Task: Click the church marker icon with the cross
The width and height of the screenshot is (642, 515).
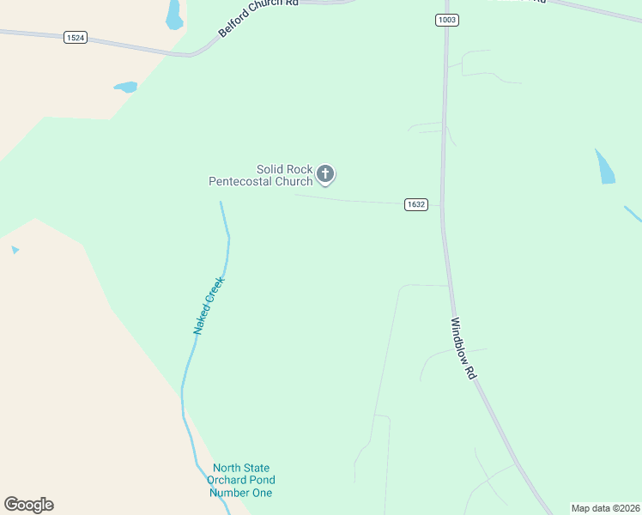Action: pyautogui.click(x=325, y=174)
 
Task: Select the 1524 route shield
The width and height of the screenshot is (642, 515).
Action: pyautogui.click(x=75, y=39)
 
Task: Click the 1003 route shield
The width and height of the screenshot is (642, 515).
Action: pyautogui.click(x=446, y=20)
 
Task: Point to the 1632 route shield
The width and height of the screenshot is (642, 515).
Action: pyautogui.click(x=416, y=204)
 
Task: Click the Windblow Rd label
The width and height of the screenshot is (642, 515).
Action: pyautogui.click(x=463, y=349)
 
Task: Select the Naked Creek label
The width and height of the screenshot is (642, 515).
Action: pyautogui.click(x=208, y=306)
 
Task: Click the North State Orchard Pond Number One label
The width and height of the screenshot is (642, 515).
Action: pyautogui.click(x=242, y=481)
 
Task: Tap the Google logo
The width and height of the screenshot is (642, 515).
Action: pyautogui.click(x=28, y=505)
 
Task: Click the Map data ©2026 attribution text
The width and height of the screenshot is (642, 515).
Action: pyautogui.click(x=605, y=508)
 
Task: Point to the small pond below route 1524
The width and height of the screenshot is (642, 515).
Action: pyautogui.click(x=125, y=87)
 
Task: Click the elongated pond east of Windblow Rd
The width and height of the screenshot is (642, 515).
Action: pyautogui.click(x=605, y=167)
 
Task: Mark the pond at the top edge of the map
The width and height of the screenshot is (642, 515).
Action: pyautogui.click(x=174, y=14)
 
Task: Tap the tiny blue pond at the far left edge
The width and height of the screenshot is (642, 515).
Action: pyautogui.click(x=15, y=250)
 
